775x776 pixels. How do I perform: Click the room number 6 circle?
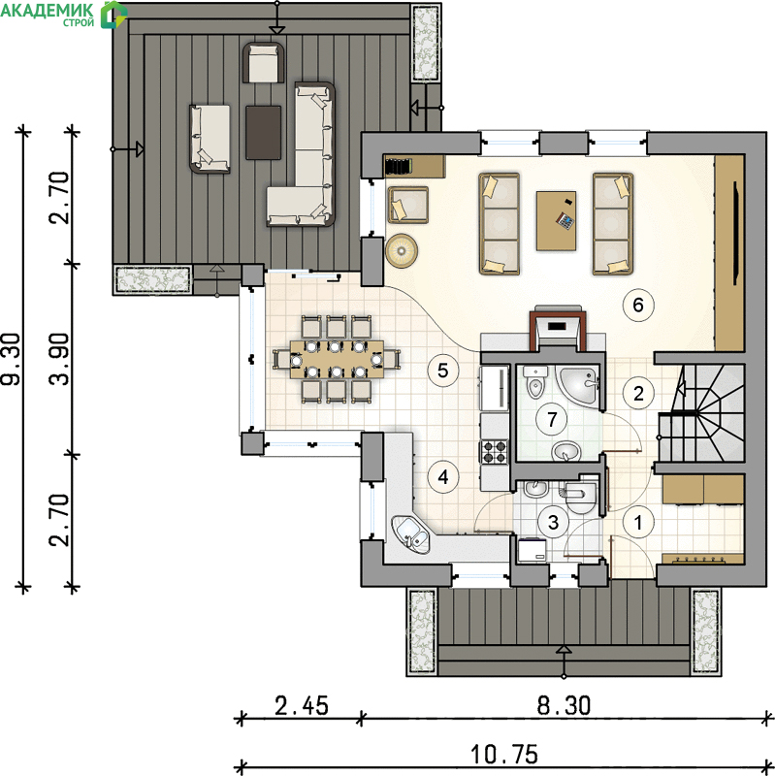[x=638, y=305]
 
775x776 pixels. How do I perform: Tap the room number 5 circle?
[x=443, y=371]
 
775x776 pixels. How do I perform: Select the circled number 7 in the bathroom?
[x=552, y=420]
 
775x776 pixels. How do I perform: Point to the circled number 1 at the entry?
[x=638, y=522]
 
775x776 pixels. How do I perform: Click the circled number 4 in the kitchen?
[x=443, y=477]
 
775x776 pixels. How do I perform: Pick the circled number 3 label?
[x=553, y=522]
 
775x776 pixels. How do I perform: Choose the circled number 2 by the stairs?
[x=638, y=394]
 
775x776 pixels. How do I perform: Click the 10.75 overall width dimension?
[x=503, y=755]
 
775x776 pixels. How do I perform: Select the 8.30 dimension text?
[x=564, y=705]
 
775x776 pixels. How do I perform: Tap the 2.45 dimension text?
[x=302, y=705]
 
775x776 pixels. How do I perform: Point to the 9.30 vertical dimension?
[x=11, y=359]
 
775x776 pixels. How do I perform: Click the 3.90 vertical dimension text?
[x=59, y=359]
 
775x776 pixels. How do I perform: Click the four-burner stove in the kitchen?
[x=494, y=452]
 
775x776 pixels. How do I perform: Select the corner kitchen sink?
[x=411, y=533]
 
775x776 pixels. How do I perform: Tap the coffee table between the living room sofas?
[x=556, y=221]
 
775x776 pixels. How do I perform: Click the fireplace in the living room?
[x=557, y=327]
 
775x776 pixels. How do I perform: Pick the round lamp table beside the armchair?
[x=402, y=251]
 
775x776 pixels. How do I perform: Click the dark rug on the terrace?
[x=263, y=133]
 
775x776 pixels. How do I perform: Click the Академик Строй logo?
[x=64, y=14]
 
